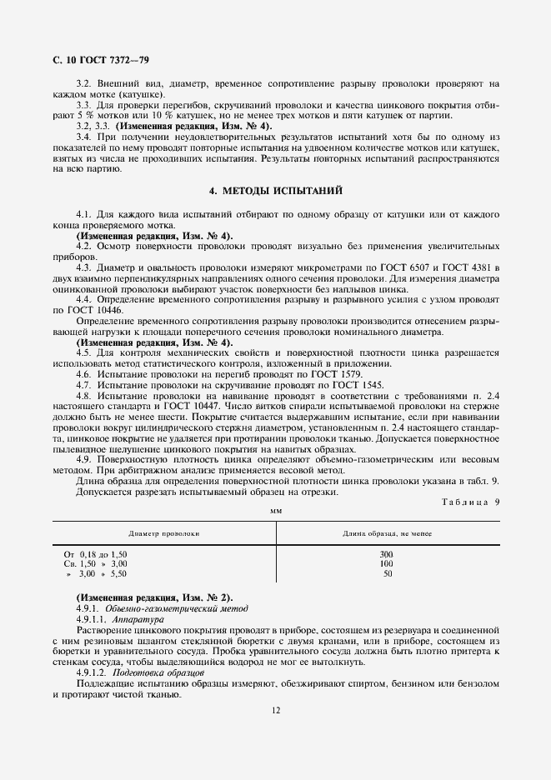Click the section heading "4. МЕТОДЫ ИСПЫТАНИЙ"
pos(275,191)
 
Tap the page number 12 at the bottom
pos(275,711)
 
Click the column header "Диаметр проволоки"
pos(163,532)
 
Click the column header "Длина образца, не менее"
pos(387,532)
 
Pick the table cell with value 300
pos(387,553)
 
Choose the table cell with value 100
pos(387,563)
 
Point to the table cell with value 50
pos(387,573)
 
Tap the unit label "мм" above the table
pos(275,508)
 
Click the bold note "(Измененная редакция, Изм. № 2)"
pos(155,598)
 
